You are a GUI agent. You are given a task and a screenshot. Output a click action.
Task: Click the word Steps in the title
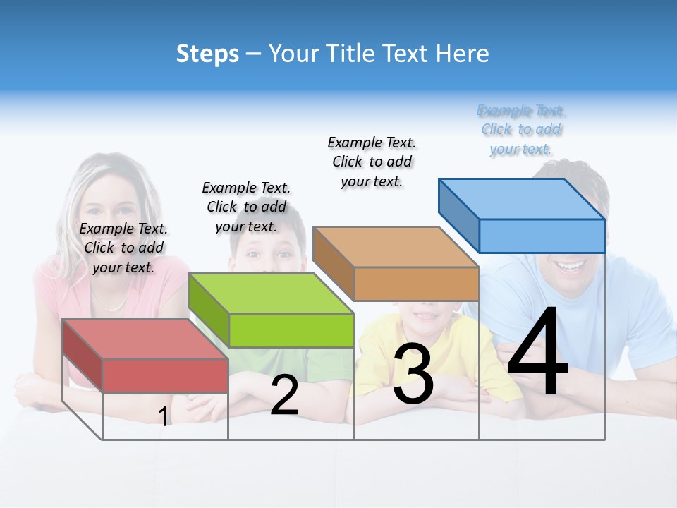(207, 54)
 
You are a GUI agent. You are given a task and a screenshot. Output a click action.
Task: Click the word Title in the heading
(353, 54)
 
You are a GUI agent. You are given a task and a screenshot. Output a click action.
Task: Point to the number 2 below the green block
(284, 396)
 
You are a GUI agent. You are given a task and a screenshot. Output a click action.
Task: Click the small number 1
(164, 417)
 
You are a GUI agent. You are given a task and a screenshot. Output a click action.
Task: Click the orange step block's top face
(396, 247)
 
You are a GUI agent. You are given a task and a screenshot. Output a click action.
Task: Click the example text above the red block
(124, 248)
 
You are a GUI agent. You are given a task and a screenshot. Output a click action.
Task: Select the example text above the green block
(247, 207)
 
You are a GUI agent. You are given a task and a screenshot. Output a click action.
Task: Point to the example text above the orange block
(372, 162)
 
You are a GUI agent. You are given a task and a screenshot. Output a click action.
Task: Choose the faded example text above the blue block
(521, 130)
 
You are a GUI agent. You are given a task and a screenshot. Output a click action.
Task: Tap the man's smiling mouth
(570, 267)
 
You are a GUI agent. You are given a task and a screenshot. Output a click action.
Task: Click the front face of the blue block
(542, 236)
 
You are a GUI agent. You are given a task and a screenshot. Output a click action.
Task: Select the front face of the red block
(165, 375)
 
